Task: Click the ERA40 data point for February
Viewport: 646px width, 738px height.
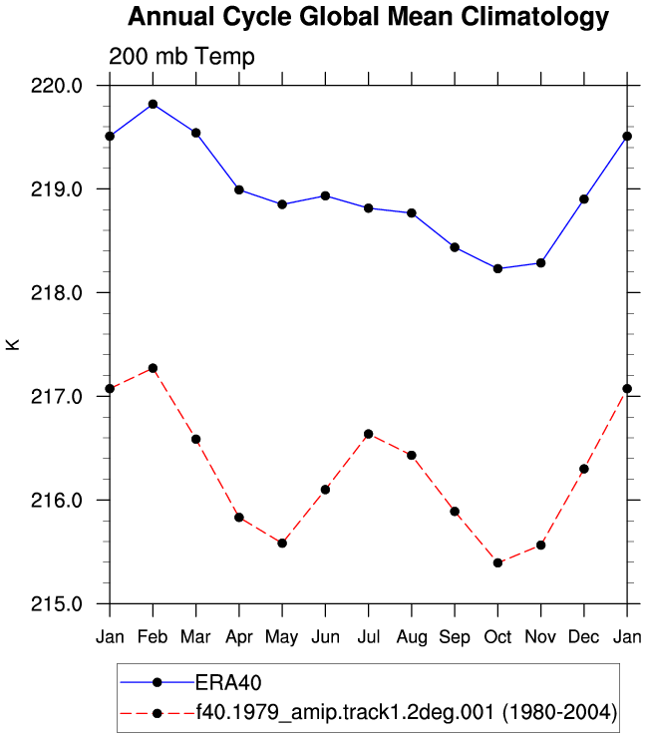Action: click(153, 104)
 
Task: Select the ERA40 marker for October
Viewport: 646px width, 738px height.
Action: click(497, 268)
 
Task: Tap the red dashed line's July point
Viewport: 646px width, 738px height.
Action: click(369, 434)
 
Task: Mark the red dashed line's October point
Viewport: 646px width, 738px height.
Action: click(497, 562)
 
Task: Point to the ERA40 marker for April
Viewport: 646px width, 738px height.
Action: click(239, 189)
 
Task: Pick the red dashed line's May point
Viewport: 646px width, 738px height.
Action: click(282, 544)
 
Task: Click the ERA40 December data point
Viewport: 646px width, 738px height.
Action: click(584, 199)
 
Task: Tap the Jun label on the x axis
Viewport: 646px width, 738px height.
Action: click(325, 637)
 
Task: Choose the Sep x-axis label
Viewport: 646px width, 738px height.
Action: click(455, 637)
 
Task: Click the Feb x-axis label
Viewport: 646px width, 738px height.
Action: click(153, 637)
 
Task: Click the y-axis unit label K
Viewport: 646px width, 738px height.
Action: click(13, 344)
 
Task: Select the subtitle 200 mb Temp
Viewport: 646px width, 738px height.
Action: click(181, 57)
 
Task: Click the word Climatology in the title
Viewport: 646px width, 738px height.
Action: click(534, 18)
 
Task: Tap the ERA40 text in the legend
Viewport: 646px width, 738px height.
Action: click(228, 683)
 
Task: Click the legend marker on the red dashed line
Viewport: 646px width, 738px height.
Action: click(158, 714)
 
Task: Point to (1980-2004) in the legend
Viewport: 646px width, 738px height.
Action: click(560, 712)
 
